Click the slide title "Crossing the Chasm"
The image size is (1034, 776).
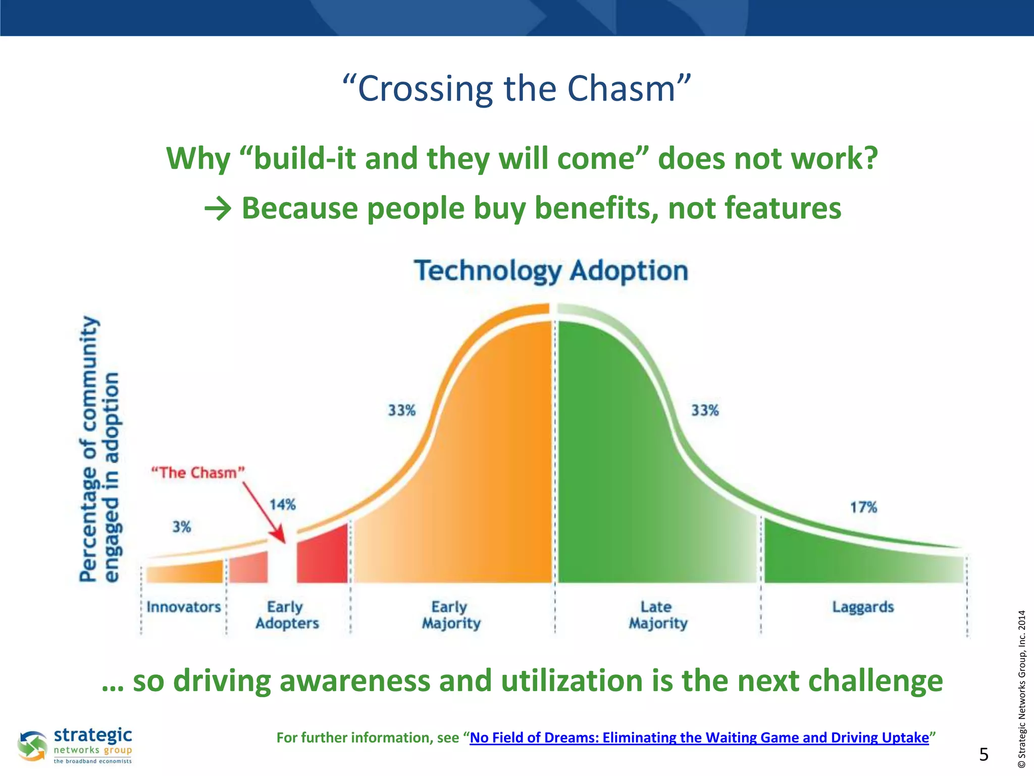coord(516,88)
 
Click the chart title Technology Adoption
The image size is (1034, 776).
coord(551,271)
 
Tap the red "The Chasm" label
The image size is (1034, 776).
coord(198,473)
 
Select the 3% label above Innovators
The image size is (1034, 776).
coord(182,527)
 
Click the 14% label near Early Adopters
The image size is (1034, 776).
coord(282,505)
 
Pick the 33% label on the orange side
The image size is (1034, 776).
coord(401,410)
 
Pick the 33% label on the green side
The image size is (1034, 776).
coord(705,410)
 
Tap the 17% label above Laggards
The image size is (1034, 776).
coord(863,507)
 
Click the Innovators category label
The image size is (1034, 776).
coord(184,607)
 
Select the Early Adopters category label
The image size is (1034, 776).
coord(287,615)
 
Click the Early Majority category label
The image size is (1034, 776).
coord(451,615)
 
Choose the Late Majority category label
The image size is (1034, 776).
coord(658,615)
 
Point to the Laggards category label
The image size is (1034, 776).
coord(863,607)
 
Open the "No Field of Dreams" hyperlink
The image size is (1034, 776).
coord(699,738)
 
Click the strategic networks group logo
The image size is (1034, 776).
coord(76,745)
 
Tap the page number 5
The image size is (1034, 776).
coord(984,754)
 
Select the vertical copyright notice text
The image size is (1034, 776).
coord(1021,689)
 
